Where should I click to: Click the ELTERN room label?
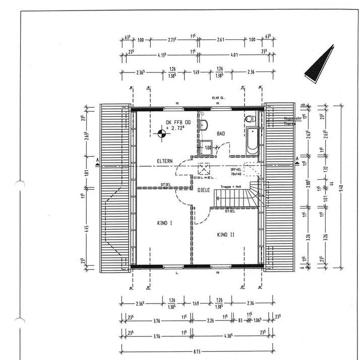164,161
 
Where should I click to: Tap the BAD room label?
221,134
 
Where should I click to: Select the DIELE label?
203,190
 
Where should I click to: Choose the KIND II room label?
226,235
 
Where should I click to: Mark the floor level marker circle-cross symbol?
162,133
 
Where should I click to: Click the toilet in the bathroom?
249,118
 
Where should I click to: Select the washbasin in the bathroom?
204,125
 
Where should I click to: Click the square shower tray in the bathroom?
206,148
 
